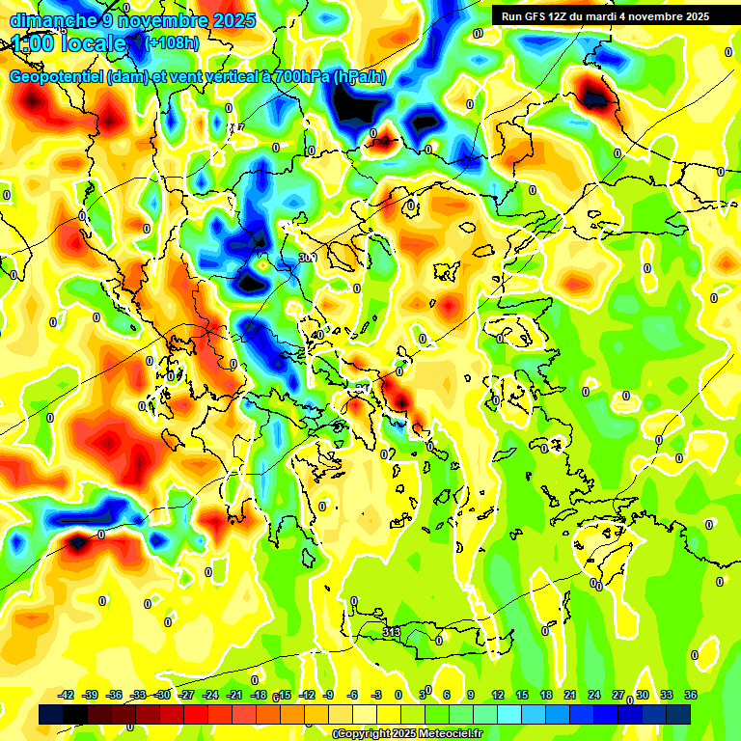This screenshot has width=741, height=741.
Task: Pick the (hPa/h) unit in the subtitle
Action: (x=360, y=77)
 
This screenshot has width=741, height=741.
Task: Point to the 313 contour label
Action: (x=392, y=632)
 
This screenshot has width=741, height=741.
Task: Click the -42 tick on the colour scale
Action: (x=67, y=695)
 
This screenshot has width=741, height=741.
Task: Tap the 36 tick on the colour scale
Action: (x=691, y=695)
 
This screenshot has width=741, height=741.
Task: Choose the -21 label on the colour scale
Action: (x=234, y=695)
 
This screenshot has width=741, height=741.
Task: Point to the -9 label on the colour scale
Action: (x=329, y=695)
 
